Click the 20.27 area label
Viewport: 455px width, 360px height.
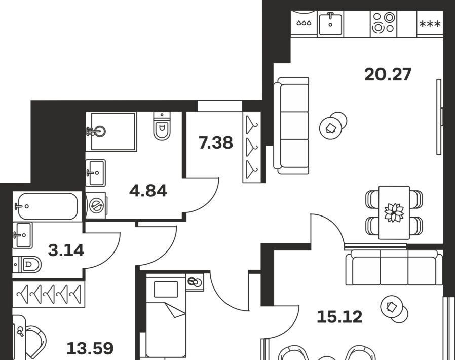pos(388,75)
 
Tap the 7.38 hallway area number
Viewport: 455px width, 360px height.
pos(216,143)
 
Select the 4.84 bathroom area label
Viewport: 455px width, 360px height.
pos(148,191)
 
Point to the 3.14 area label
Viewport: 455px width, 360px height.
pos(66,250)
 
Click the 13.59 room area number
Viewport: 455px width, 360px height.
pos(90,348)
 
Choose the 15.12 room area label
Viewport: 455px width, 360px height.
pos(339,317)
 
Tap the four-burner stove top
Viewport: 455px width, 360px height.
pos(384,23)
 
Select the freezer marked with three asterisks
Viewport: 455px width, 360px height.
pos(430,24)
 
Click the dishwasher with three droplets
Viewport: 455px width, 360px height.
pos(304,23)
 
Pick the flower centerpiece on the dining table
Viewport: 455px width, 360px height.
pos(394,212)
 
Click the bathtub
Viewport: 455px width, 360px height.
pos(48,206)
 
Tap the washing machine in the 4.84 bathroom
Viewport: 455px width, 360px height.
pos(97,205)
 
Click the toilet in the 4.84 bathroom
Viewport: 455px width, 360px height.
pos(162,126)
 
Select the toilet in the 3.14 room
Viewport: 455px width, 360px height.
pos(27,265)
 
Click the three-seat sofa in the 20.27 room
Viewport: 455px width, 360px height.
pos(291,126)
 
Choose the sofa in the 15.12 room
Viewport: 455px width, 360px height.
pos(394,267)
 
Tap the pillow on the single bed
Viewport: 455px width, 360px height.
pos(166,290)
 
